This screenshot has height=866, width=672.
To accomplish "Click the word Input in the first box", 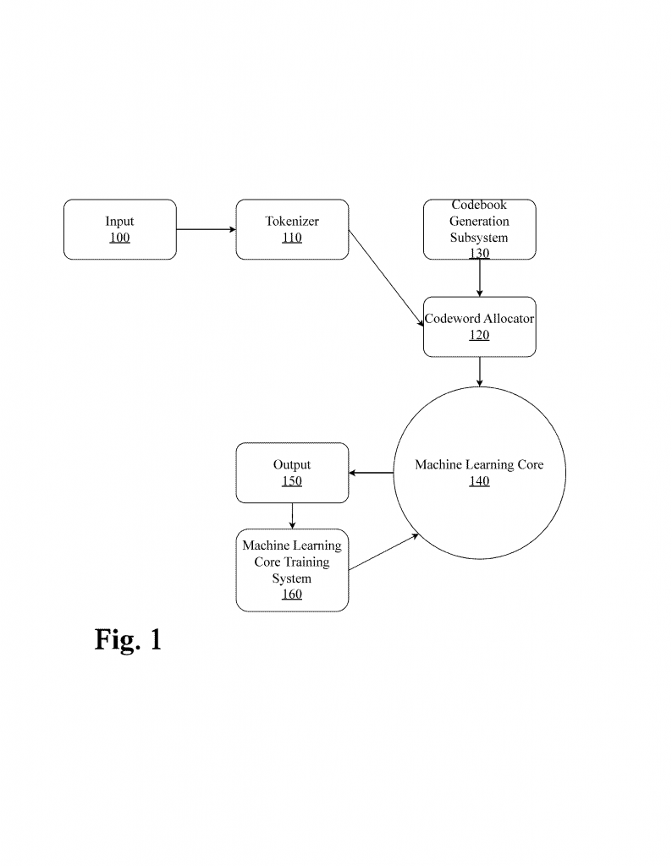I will point(119,222).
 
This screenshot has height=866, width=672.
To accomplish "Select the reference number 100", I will point(119,238).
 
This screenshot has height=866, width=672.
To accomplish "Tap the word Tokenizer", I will point(292,222).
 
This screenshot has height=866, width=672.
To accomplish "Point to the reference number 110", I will point(292,238).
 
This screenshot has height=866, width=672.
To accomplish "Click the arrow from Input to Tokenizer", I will point(206,229).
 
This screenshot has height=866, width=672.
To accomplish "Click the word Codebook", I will point(479,206).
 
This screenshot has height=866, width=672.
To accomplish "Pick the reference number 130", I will point(479,253).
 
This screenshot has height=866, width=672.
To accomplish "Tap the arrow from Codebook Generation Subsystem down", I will point(480,277).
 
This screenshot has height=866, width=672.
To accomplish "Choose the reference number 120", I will point(479,335).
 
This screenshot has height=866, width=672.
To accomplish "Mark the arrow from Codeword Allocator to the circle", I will point(480,371).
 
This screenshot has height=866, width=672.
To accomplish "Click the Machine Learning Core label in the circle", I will point(479,465).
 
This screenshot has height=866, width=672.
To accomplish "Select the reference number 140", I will point(479,481).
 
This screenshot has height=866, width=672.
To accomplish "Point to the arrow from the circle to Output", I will point(371,473).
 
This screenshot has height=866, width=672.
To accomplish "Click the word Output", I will point(292,465).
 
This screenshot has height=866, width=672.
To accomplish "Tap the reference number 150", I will point(292,481).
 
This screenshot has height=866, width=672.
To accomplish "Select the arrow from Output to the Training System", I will point(292,516).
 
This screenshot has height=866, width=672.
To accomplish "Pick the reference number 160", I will point(292,595).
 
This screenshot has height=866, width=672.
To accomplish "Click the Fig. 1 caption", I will point(128,639).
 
